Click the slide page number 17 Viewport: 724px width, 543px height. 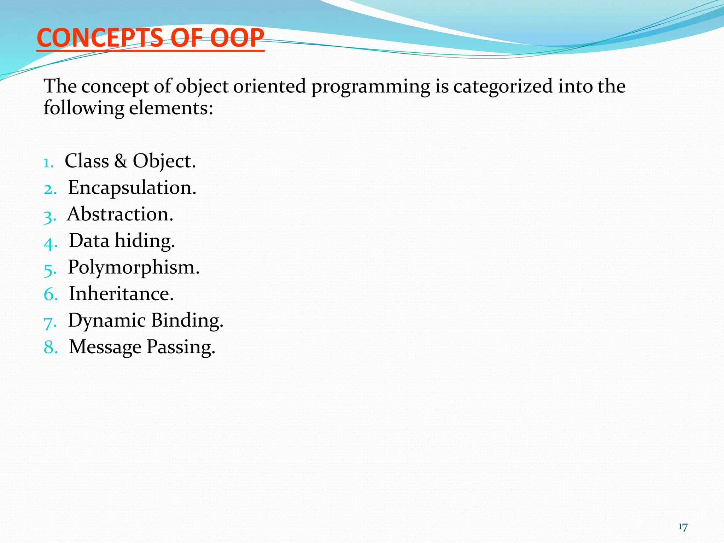coord(683,527)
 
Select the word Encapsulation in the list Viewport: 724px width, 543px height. coord(132,188)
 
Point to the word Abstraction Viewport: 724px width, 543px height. coord(120,214)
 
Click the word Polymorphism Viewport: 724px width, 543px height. coord(133,268)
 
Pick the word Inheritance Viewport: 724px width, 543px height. coord(121,294)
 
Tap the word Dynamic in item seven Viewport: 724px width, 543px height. coord(107,321)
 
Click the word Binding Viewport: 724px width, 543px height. coord(187,321)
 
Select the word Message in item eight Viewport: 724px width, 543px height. coord(105,347)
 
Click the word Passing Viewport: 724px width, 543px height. coord(181,347)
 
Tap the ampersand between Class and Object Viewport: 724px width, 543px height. coord(121,161)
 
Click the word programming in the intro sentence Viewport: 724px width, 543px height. coord(370,87)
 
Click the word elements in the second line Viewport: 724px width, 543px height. coord(171,108)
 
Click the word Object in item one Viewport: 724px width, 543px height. coord(164,161)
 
